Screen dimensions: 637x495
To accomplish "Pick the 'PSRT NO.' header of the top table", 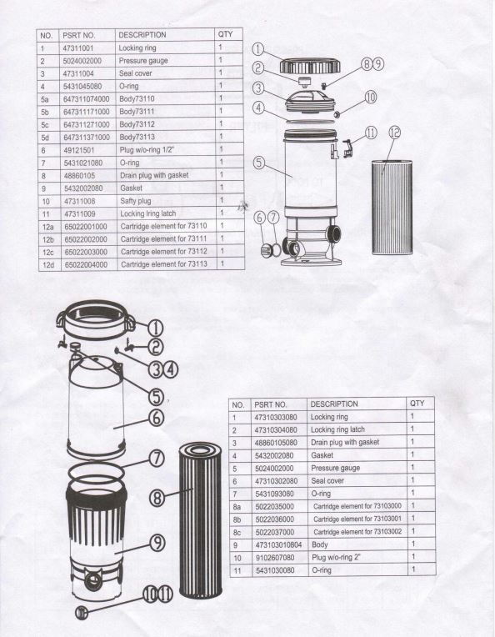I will click(x=79, y=35).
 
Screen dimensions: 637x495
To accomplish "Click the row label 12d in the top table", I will click(x=47, y=263).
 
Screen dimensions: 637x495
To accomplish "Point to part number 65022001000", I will click(x=84, y=226).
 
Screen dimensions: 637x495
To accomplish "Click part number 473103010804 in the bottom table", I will click(x=277, y=544).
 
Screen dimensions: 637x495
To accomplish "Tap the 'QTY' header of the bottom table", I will click(x=417, y=404).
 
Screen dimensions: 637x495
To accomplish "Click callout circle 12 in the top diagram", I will click(x=395, y=132).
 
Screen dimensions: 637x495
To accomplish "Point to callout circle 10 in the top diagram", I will click(x=370, y=98).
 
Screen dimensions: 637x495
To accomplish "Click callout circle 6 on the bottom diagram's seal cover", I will click(x=156, y=416).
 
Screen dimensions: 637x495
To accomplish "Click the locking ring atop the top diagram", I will click(x=307, y=65).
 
